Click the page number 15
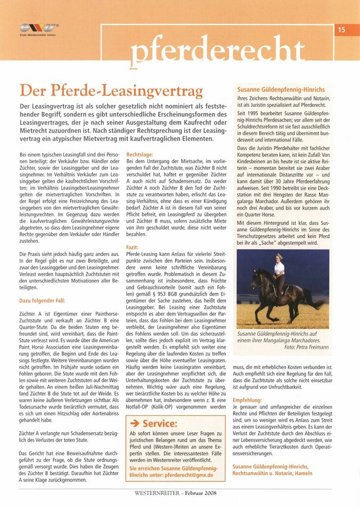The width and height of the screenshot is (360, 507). point(341,30)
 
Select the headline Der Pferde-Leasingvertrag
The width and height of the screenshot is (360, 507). point(111,92)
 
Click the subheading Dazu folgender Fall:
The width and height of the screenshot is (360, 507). point(42,300)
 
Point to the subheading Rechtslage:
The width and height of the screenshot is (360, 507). point(140,154)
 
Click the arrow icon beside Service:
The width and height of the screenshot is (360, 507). point(134,423)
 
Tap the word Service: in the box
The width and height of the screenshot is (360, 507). point(159,423)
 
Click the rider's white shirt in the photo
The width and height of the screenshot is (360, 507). point(279,268)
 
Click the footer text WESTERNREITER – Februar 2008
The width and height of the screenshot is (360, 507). point(175,492)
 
